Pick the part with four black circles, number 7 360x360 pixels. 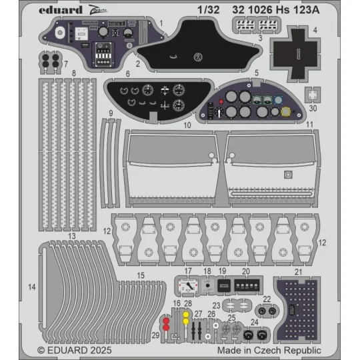click(x=51, y=61)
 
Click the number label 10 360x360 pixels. click(x=188, y=125)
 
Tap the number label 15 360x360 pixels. click(x=141, y=275)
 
